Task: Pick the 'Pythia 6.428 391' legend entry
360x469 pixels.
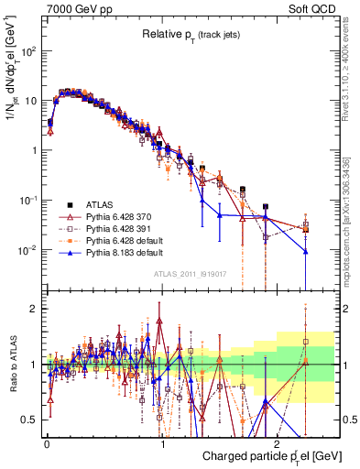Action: coord(122,229)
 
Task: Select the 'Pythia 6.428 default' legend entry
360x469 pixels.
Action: coord(126,241)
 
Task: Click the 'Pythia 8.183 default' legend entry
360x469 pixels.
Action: coord(126,253)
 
